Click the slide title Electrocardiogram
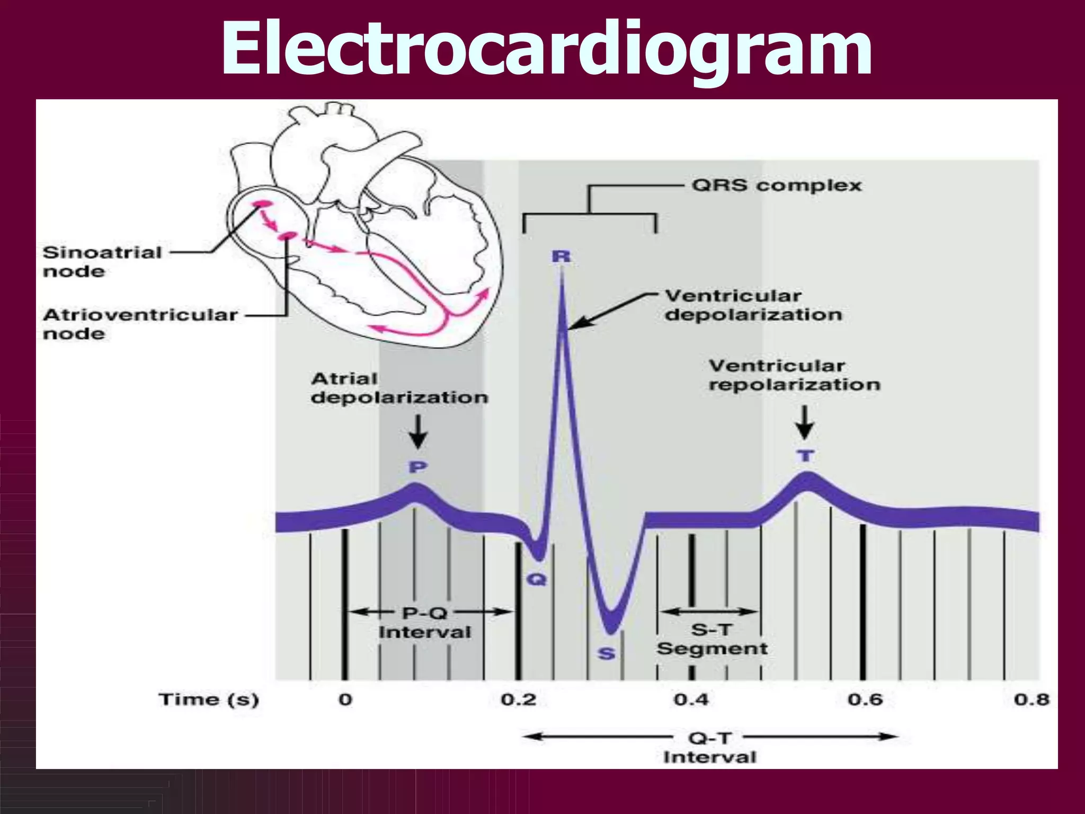[x=546, y=49]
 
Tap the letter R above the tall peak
[x=561, y=257]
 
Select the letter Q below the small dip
[x=536, y=579]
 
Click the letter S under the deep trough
[x=607, y=654]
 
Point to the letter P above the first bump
[x=417, y=467]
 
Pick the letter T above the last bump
[x=805, y=456]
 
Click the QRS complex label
[x=776, y=185]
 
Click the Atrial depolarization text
[x=399, y=388]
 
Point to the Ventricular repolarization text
[x=794, y=375]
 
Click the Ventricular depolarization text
[x=753, y=305]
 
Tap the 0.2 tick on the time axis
[x=518, y=700]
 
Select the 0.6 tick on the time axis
[x=865, y=700]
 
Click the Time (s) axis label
[x=209, y=700]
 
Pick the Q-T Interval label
[x=710, y=747]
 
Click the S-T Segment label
[x=712, y=639]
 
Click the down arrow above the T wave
[x=805, y=422]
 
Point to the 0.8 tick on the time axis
[x=1031, y=700]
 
